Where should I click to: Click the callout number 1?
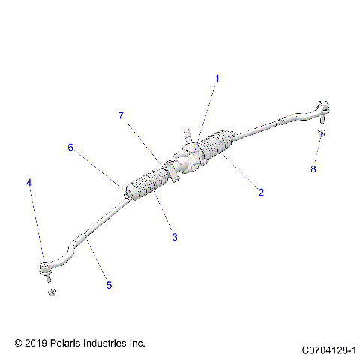click(x=218, y=78)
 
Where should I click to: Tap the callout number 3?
click(x=174, y=237)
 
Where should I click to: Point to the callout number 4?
click(x=29, y=182)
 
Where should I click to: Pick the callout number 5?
click(x=109, y=285)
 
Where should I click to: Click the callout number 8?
click(x=313, y=169)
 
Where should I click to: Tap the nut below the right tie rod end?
click(x=320, y=133)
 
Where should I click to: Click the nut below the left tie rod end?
click(x=51, y=291)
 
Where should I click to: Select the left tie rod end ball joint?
click(x=44, y=265)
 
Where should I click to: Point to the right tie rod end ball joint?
click(x=323, y=106)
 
